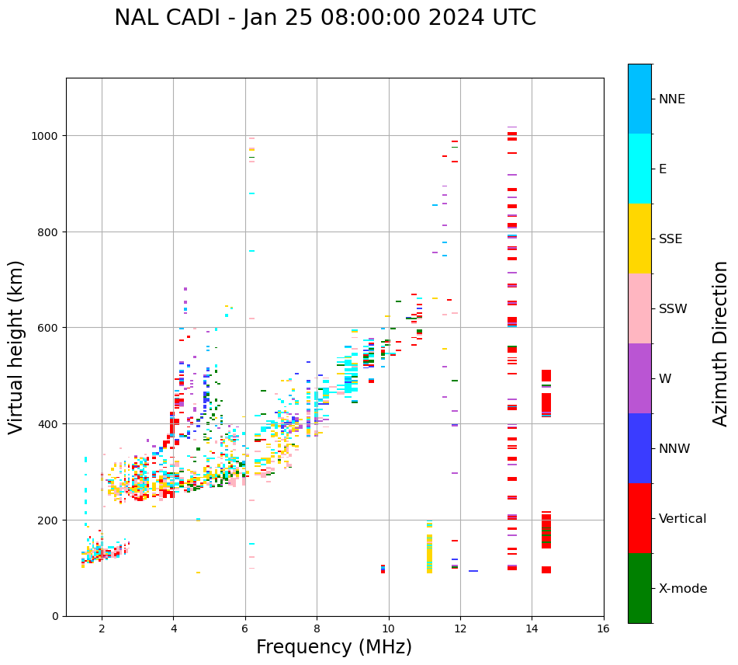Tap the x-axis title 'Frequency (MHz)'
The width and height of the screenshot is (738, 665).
(x=334, y=647)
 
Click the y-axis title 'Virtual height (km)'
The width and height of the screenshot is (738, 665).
(x=16, y=346)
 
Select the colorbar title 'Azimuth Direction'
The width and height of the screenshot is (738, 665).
(x=720, y=343)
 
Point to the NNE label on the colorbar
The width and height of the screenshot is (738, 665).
(x=672, y=99)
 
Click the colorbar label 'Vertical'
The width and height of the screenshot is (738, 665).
(x=682, y=518)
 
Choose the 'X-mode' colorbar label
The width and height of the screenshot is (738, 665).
(x=683, y=588)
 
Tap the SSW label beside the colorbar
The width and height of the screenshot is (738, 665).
(x=673, y=308)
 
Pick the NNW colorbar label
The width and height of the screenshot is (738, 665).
(x=675, y=448)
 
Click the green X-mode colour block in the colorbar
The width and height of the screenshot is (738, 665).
(x=639, y=588)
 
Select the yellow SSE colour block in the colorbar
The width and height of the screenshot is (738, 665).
(x=639, y=238)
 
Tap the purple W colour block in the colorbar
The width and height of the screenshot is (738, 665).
(x=639, y=378)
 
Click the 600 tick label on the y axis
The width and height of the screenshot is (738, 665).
(x=50, y=328)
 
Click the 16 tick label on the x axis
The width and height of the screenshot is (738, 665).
(x=603, y=628)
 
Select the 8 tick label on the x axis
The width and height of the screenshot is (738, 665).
(x=317, y=628)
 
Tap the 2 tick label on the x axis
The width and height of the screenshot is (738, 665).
(x=102, y=628)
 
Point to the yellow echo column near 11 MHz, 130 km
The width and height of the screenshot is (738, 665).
(x=429, y=552)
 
